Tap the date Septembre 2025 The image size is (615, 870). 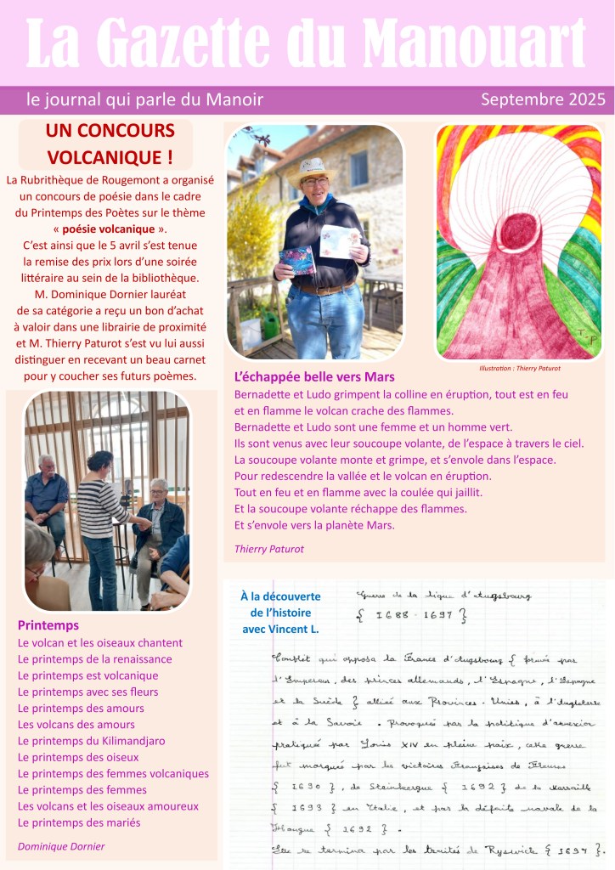(543, 99)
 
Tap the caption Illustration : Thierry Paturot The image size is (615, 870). (519, 369)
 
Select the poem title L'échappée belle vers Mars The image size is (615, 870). (314, 376)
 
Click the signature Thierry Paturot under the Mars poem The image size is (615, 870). (268, 549)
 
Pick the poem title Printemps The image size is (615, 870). (48, 625)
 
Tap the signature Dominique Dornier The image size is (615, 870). (61, 846)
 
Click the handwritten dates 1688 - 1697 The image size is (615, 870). (410, 618)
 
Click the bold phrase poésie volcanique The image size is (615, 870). (110, 229)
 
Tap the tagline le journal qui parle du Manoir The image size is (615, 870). (144, 99)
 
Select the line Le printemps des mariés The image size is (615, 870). (79, 822)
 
